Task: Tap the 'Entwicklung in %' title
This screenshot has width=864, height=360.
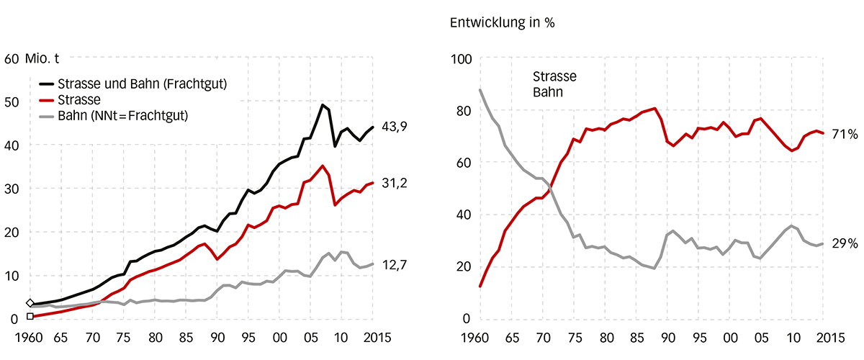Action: coord(502,22)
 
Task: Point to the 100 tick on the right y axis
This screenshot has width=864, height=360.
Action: coord(460,58)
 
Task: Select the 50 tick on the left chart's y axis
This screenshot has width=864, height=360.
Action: coord(12,102)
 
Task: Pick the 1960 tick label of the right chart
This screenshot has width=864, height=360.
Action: coord(475,338)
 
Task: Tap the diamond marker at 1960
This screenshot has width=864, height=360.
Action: coord(30,304)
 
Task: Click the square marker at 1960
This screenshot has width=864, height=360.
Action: coord(30,316)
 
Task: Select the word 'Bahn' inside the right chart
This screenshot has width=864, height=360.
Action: coord(547,93)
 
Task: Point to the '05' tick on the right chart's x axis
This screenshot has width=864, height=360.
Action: coord(760,338)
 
